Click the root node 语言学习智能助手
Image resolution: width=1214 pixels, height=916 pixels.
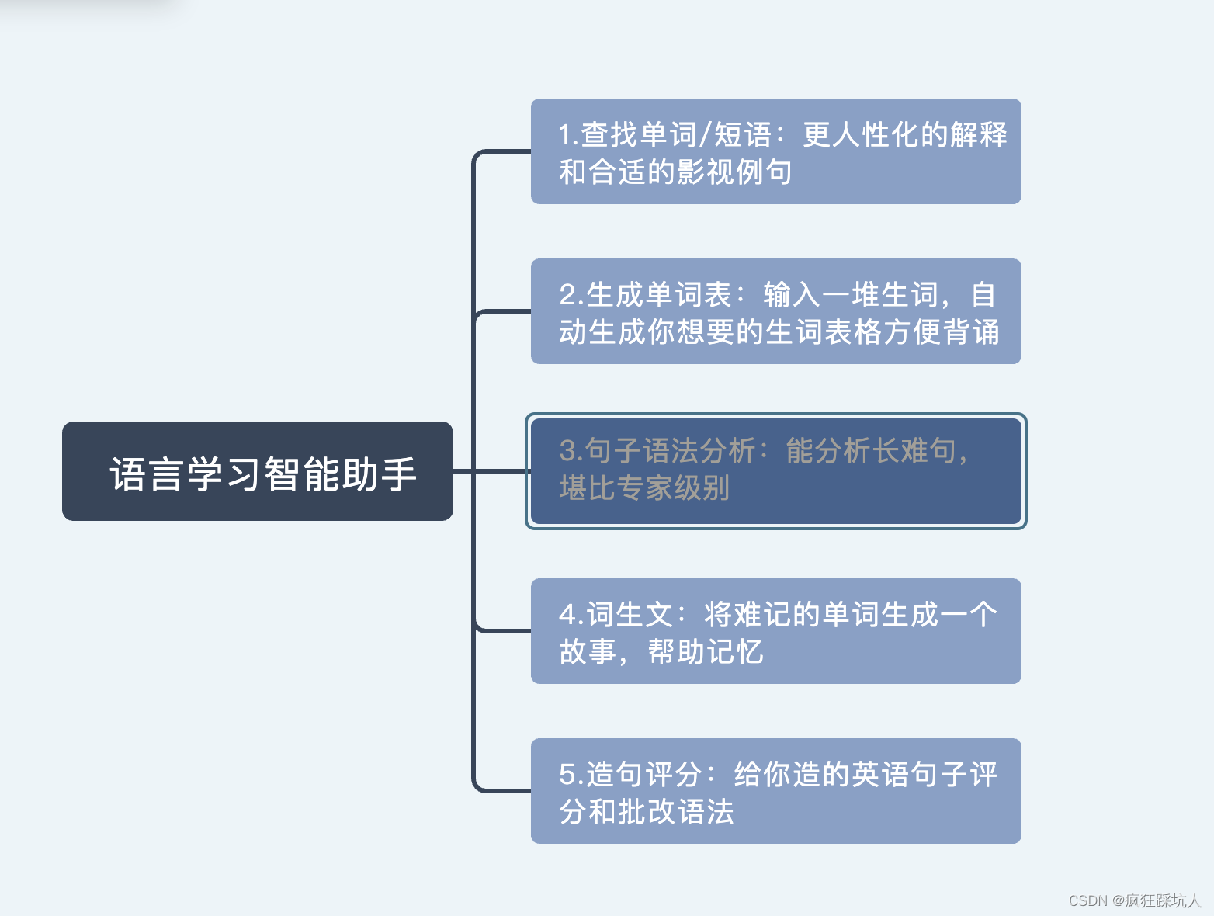pos(257,471)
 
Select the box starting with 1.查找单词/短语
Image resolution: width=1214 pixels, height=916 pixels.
pos(775,151)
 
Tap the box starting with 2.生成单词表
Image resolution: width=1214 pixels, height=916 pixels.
pos(775,311)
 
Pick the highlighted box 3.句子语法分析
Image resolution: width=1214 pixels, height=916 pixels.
pos(775,471)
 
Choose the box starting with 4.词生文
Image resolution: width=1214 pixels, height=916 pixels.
pos(775,631)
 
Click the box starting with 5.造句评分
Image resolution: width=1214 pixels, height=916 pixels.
pos(775,791)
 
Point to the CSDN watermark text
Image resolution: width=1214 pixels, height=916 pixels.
pos(1134,900)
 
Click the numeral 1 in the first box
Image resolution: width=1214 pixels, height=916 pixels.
pos(565,135)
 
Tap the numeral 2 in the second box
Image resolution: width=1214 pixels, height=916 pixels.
pos(567,295)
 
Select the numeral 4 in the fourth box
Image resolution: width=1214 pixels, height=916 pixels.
pos(567,615)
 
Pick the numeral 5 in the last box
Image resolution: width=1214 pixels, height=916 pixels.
pos(567,775)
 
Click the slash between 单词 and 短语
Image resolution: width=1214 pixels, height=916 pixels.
pos(705,135)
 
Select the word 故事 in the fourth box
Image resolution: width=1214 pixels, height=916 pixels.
pos(588,652)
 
